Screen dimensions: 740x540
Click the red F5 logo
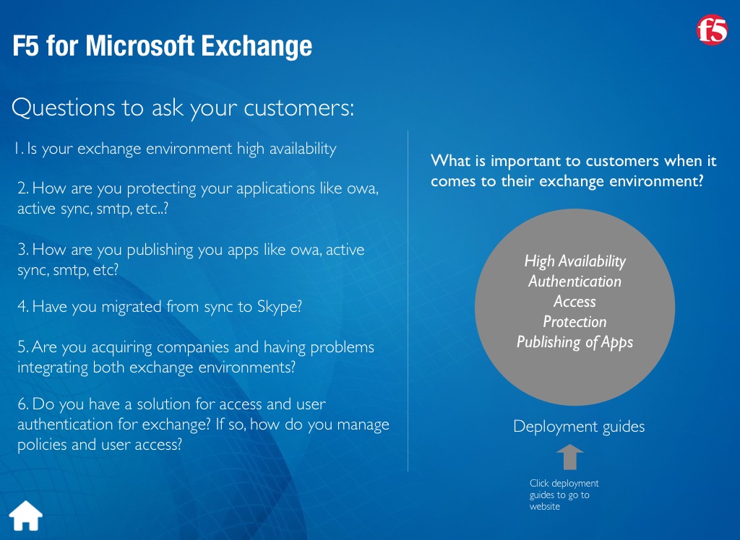coord(712,30)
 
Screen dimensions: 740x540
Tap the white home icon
coord(26,515)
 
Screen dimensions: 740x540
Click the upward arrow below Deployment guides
coord(569,457)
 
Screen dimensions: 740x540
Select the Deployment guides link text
coord(579,427)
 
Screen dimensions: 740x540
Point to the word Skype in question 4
coord(280,307)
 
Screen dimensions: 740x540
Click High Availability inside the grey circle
coord(575,261)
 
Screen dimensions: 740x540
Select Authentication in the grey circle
coord(575,281)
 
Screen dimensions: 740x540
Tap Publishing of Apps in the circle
coord(575,342)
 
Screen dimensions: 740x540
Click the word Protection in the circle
coord(575,322)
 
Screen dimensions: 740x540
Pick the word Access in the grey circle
coord(575,301)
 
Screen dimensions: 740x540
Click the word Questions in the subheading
coord(64,108)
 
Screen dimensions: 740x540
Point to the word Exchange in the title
coord(257,47)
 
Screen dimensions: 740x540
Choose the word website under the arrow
coord(545,507)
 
